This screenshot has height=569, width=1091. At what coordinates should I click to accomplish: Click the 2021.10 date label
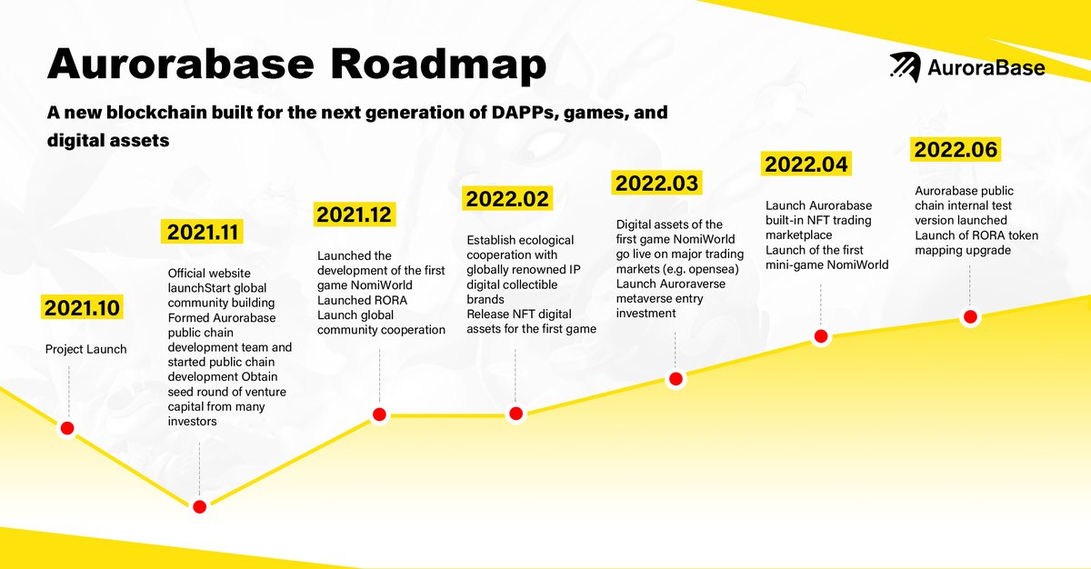(80, 307)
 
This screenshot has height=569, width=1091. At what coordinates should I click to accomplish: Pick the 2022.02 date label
(506, 197)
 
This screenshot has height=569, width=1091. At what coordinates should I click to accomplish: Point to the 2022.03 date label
(657, 183)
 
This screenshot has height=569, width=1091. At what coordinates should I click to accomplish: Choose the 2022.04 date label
(806, 165)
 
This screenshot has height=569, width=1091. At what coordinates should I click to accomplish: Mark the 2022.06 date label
(956, 148)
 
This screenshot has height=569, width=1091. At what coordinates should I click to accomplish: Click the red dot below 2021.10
(66, 428)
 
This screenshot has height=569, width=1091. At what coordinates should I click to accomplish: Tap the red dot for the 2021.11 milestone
(199, 506)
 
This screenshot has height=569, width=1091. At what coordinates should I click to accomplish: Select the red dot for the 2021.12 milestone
(379, 414)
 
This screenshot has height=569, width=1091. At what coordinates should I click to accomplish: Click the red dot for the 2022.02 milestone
(515, 414)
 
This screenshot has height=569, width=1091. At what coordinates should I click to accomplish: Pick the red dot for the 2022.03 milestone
(676, 379)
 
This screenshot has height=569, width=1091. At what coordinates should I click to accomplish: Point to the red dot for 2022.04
(821, 336)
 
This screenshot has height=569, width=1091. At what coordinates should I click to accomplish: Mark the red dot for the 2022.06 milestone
(970, 316)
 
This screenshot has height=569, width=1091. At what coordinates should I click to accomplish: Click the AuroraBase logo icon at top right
(904, 67)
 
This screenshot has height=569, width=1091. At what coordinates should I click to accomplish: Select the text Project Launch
(86, 349)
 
